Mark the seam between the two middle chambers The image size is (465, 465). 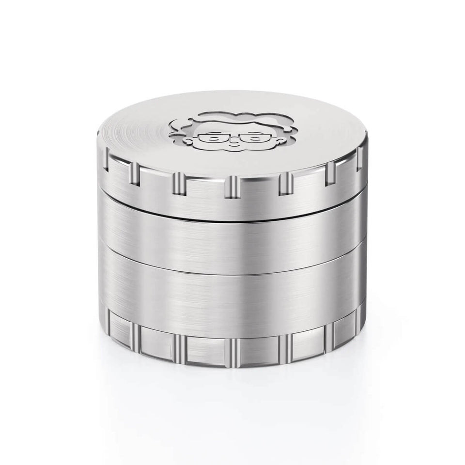click(232, 272)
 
